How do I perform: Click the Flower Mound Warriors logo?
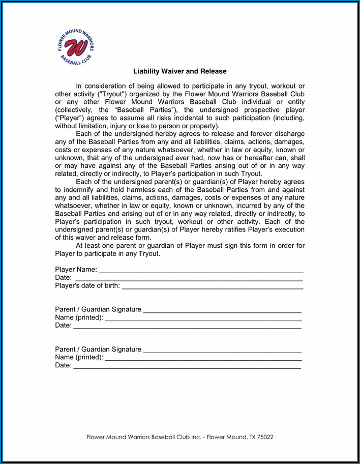tap(76, 47)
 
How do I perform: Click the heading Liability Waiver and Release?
tap(179, 72)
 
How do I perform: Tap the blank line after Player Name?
tap(201, 269)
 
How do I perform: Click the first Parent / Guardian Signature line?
tap(222, 309)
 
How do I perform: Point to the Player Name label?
tap(76, 269)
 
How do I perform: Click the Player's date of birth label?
tap(87, 285)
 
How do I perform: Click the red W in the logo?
tap(76, 47)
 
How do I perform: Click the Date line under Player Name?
tap(189, 277)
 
